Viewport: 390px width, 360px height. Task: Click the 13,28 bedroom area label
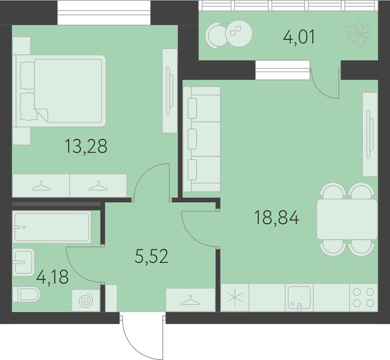[x=86, y=147]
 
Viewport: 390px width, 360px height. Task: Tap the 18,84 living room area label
[x=276, y=218]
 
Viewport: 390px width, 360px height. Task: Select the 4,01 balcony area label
[x=299, y=37]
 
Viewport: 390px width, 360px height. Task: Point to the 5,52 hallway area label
[x=152, y=256]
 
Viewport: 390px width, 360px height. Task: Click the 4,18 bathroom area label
[x=52, y=277]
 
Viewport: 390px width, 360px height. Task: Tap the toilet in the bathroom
[x=26, y=294]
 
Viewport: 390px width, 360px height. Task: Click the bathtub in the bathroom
[x=52, y=227]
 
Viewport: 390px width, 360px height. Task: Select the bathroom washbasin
[x=24, y=262]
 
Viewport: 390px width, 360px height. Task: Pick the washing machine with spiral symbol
[x=86, y=300]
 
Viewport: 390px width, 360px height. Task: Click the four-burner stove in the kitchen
[x=364, y=297]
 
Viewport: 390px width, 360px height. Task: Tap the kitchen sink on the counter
[x=299, y=297]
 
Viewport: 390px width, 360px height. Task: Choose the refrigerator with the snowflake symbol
[x=235, y=297]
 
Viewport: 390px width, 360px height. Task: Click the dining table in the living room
[x=347, y=219]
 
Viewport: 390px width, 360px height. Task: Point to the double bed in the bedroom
[x=60, y=91]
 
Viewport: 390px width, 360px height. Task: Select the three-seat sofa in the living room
[x=202, y=139]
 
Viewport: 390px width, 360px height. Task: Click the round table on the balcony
[x=239, y=33]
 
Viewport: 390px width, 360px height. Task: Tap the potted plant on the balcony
[x=358, y=34]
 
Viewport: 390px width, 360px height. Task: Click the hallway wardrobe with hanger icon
[x=190, y=300]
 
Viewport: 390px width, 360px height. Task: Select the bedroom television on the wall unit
[x=170, y=91]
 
